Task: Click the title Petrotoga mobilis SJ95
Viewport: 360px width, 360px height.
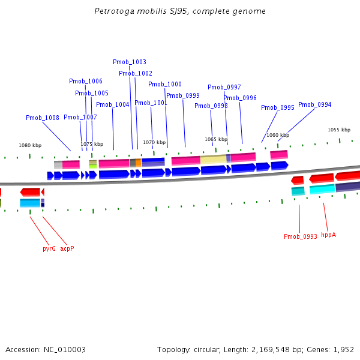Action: (180, 11)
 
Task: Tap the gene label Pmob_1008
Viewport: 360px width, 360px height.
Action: (42, 118)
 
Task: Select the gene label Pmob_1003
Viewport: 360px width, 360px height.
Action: (130, 62)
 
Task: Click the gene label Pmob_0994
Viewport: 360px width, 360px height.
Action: (314, 104)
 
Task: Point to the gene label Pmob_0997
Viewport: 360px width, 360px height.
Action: (224, 87)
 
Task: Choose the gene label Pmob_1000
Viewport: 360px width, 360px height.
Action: (165, 85)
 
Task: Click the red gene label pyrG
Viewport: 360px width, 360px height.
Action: (49, 248)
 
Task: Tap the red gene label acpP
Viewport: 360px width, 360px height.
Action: (67, 248)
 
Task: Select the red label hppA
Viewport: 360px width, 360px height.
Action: (328, 235)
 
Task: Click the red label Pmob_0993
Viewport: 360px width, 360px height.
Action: (301, 236)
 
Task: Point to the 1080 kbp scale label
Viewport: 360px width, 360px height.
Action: (30, 145)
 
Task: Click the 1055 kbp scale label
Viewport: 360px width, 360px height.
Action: (338, 130)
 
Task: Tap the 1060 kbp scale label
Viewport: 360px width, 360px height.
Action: (278, 135)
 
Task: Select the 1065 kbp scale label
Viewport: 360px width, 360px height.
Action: (216, 139)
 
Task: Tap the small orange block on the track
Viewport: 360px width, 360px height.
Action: (138, 163)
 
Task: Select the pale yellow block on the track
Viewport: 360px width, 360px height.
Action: (213, 159)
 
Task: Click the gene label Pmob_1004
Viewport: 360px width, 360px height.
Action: (113, 104)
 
